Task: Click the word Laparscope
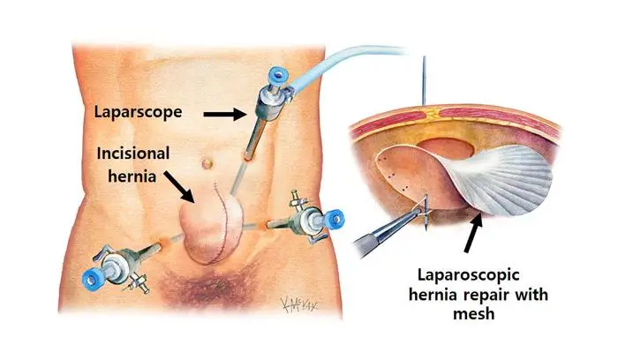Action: (x=138, y=112)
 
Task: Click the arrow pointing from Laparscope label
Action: (x=225, y=114)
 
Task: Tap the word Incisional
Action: (x=133, y=154)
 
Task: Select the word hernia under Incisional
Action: (x=132, y=176)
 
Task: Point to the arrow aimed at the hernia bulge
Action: (x=179, y=187)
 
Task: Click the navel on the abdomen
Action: (x=207, y=162)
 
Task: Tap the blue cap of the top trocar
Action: (x=277, y=75)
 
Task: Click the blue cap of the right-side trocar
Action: (x=335, y=219)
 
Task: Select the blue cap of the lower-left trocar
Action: (x=92, y=279)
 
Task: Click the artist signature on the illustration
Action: (x=298, y=304)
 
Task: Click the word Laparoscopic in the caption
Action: (x=468, y=275)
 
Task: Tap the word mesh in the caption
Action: (x=474, y=314)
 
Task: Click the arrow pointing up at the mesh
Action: (x=474, y=232)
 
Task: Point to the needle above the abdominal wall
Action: (x=425, y=80)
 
